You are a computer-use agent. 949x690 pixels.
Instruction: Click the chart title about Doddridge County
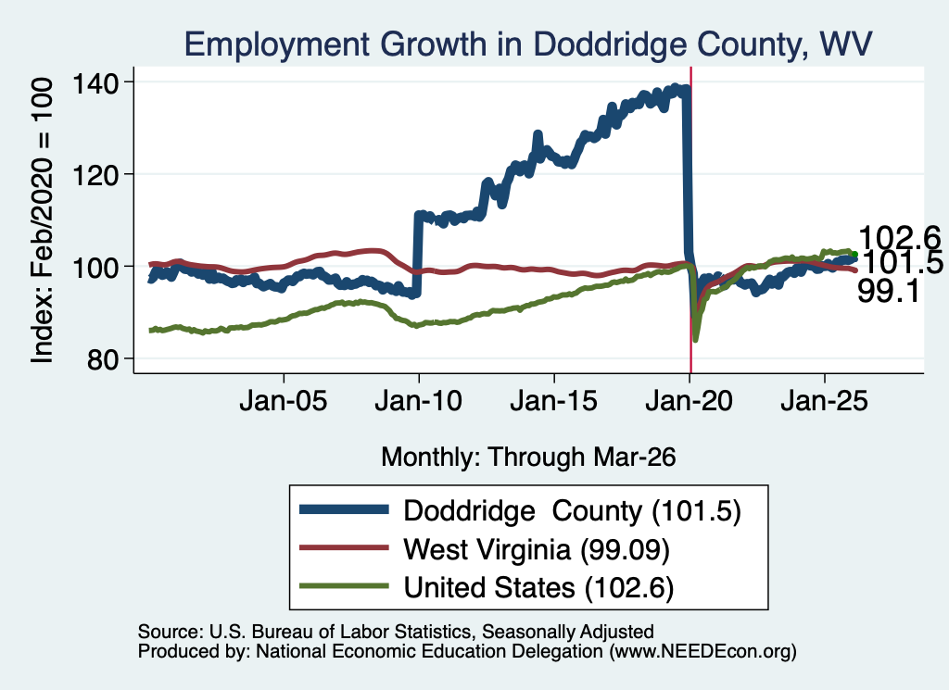point(527,44)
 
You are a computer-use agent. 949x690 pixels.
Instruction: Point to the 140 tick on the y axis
point(95,82)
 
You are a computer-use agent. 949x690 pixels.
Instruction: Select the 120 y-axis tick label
point(95,175)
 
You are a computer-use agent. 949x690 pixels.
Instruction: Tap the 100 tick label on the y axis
point(95,268)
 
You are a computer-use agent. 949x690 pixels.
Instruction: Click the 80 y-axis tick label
point(102,359)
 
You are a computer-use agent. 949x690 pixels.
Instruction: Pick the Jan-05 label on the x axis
point(284,401)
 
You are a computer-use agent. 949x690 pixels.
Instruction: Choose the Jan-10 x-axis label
point(418,401)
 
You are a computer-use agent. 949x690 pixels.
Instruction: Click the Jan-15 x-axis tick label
point(554,401)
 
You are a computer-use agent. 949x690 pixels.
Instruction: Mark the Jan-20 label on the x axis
point(689,401)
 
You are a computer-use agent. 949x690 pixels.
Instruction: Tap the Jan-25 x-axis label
point(824,401)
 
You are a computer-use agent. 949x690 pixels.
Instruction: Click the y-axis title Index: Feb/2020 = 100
point(43,220)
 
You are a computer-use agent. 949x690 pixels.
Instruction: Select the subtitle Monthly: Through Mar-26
point(528,458)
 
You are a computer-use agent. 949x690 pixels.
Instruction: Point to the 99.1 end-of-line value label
point(889,292)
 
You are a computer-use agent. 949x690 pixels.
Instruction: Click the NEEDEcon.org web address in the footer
point(702,651)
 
